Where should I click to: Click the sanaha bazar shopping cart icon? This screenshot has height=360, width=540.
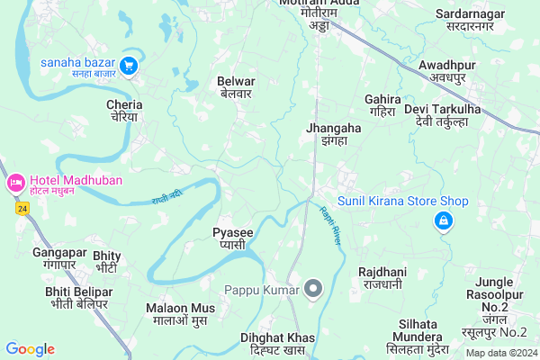[x=128, y=65]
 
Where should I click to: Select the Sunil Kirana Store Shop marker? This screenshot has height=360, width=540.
[x=443, y=220]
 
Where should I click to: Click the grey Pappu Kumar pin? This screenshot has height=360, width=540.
[x=313, y=289]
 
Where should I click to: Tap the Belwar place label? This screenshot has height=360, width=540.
[x=235, y=87]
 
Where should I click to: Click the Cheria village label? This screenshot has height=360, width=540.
[x=124, y=111]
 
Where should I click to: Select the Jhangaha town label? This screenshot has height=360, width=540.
[x=333, y=134]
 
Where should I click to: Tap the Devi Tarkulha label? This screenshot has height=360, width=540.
[x=443, y=115]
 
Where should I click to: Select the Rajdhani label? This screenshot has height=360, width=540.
[x=383, y=276]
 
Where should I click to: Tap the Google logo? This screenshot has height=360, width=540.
[x=30, y=349]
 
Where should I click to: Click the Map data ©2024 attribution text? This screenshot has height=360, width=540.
[x=500, y=353]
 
